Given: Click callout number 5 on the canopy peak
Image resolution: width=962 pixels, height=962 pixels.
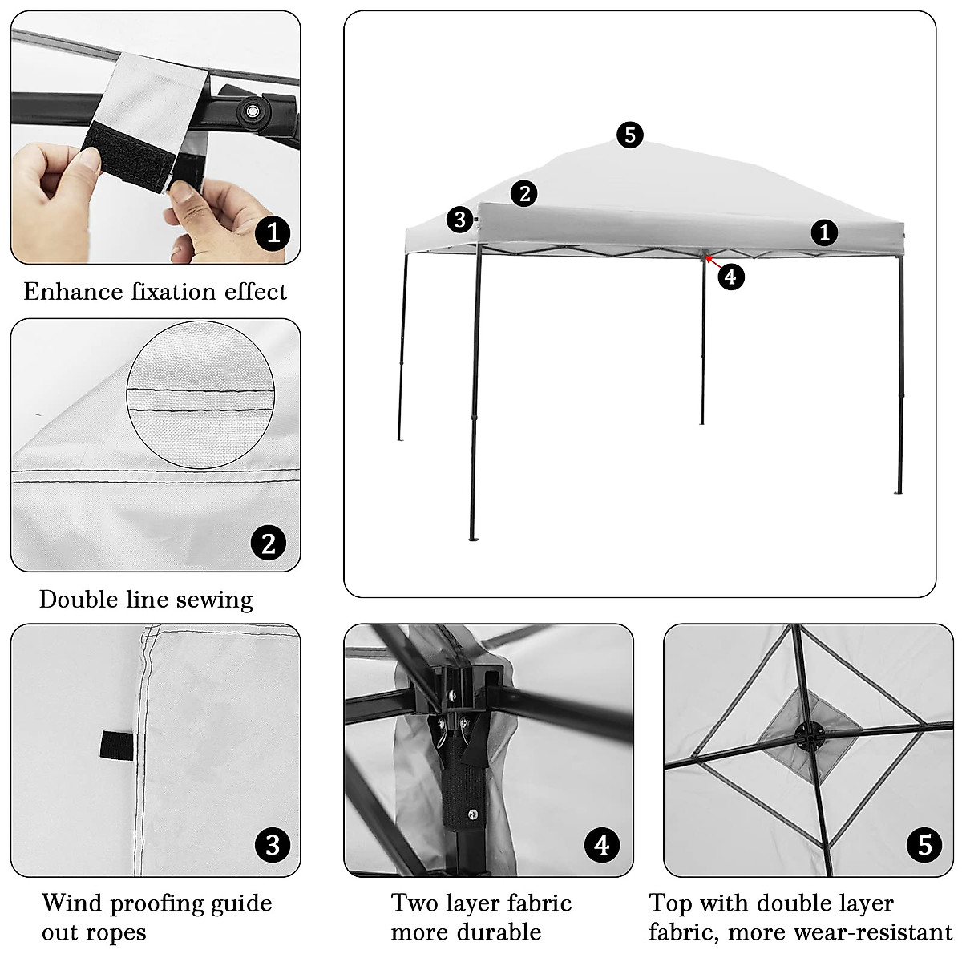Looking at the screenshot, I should pyautogui.click(x=630, y=135).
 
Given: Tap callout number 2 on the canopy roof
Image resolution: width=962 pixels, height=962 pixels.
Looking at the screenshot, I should pyautogui.click(x=524, y=193).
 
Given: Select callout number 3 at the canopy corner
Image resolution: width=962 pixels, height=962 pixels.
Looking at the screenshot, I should pyautogui.click(x=459, y=219).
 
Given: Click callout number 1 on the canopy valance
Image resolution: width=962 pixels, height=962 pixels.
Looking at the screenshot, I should pyautogui.click(x=824, y=232).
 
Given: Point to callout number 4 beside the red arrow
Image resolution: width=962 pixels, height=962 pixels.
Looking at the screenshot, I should pyautogui.click(x=730, y=277).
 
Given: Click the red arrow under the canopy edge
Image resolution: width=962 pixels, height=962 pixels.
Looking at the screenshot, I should pyautogui.click(x=710, y=261).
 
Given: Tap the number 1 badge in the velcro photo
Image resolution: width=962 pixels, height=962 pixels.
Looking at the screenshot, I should pyautogui.click(x=273, y=232).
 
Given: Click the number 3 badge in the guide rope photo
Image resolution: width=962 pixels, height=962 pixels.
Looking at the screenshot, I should pyautogui.click(x=273, y=844).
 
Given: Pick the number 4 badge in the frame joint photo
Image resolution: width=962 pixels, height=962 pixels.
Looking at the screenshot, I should pyautogui.click(x=602, y=844).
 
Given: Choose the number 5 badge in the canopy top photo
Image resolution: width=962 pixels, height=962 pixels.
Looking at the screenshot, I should pyautogui.click(x=925, y=844).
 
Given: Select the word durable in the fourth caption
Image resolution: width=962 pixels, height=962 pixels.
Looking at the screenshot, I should pyautogui.click(x=505, y=932).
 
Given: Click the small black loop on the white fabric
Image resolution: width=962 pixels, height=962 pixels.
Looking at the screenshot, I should pyautogui.click(x=116, y=746).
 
